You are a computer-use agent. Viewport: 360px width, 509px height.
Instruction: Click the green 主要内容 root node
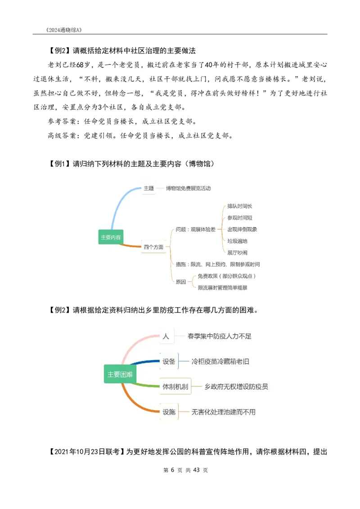(x=111, y=237)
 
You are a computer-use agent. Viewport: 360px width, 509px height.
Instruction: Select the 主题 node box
(x=148, y=188)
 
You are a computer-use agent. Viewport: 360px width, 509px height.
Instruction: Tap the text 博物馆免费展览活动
(x=188, y=188)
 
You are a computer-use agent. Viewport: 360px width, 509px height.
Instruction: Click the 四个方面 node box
(x=153, y=247)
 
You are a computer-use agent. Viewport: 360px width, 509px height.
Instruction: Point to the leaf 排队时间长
(x=240, y=206)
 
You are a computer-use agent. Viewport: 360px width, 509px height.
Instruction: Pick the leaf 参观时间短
(x=240, y=218)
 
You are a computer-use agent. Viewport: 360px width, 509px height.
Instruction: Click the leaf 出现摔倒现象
(x=242, y=229)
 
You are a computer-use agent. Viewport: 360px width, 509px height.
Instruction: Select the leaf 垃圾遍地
(x=237, y=241)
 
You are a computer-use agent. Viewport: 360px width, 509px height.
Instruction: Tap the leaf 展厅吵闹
(x=237, y=253)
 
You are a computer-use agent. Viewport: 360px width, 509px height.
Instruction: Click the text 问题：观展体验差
(x=196, y=229)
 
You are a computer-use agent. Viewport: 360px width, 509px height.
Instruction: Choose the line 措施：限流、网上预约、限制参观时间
(x=218, y=264)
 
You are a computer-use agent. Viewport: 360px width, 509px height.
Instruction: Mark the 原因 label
(x=181, y=282)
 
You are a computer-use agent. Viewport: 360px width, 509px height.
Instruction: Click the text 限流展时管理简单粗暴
(x=222, y=287)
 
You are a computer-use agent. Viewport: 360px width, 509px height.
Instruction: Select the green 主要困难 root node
(x=120, y=374)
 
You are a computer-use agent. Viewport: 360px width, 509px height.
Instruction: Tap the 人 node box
(x=166, y=336)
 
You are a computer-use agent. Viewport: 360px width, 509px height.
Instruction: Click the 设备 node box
(x=169, y=361)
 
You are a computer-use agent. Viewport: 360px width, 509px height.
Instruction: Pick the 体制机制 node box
(x=175, y=386)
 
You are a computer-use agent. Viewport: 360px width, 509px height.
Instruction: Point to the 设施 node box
(x=169, y=411)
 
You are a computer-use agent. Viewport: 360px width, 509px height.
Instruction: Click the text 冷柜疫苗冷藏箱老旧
(x=220, y=361)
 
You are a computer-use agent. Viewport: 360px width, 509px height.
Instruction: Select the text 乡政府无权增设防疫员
(x=236, y=386)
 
